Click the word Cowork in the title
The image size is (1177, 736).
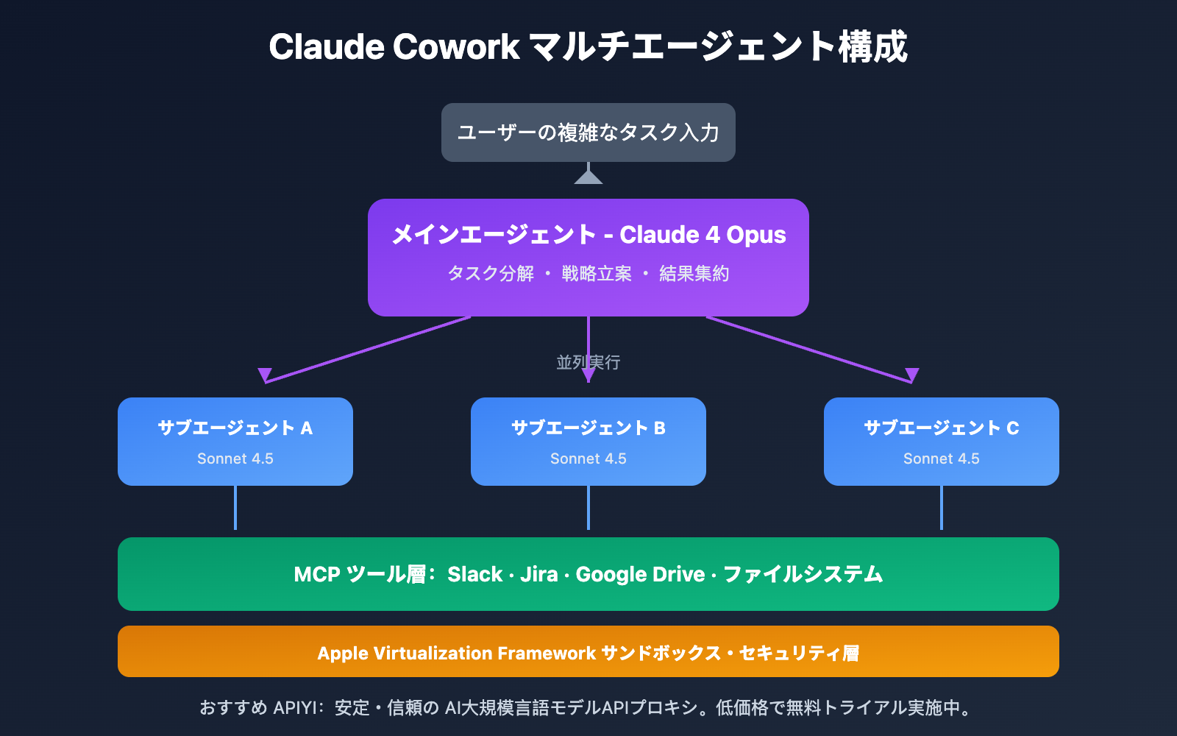click(456, 47)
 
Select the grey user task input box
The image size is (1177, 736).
click(588, 132)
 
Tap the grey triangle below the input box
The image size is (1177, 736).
click(588, 177)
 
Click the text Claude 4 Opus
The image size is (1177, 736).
click(703, 235)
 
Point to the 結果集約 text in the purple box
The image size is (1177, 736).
click(694, 274)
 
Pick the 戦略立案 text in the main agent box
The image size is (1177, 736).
click(597, 274)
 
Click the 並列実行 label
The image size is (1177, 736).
click(588, 362)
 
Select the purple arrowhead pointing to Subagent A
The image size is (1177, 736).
click(265, 375)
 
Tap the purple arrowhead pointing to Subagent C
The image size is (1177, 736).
click(912, 375)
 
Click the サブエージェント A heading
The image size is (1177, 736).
click(235, 428)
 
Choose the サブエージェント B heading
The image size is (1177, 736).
click(588, 428)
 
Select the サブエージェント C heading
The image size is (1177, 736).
click(942, 428)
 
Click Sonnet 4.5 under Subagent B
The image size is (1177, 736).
click(588, 459)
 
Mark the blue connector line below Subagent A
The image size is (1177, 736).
click(235, 508)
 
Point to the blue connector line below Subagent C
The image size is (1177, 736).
click(942, 508)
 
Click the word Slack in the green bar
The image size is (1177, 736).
click(475, 574)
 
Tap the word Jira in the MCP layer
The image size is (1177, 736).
click(539, 574)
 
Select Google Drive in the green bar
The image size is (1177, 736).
click(640, 574)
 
